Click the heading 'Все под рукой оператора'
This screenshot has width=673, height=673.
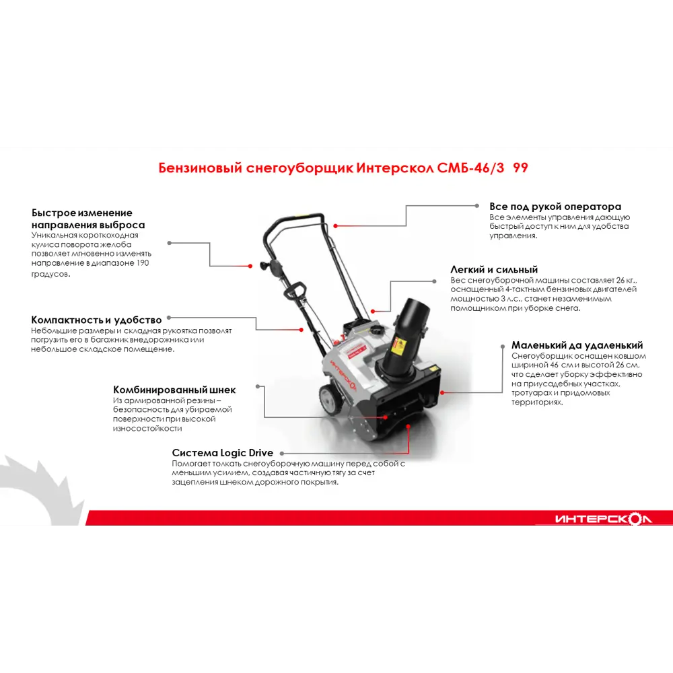pos(555,207)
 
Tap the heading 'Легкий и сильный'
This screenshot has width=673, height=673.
pos(494,270)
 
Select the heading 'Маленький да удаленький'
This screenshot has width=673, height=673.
pos(577,345)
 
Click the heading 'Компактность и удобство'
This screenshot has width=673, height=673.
pos(96,320)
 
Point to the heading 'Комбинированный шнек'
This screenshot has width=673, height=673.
pos(174,390)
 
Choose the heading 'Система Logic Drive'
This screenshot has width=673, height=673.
pos(222,453)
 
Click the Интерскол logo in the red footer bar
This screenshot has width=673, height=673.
pos(603,518)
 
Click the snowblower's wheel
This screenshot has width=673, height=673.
pos(331,398)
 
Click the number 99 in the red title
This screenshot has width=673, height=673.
pos(520,168)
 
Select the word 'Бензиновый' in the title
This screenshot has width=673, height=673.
pos(201,168)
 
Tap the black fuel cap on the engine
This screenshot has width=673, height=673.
pos(378,330)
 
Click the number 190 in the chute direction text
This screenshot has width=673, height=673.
pos(143,262)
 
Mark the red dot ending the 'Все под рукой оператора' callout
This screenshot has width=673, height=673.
pos(335,225)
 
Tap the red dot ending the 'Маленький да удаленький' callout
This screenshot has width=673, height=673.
pos(442,392)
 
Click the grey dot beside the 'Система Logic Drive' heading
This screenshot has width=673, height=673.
pos(282,453)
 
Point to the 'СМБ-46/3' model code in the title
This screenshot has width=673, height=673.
pos(471,168)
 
